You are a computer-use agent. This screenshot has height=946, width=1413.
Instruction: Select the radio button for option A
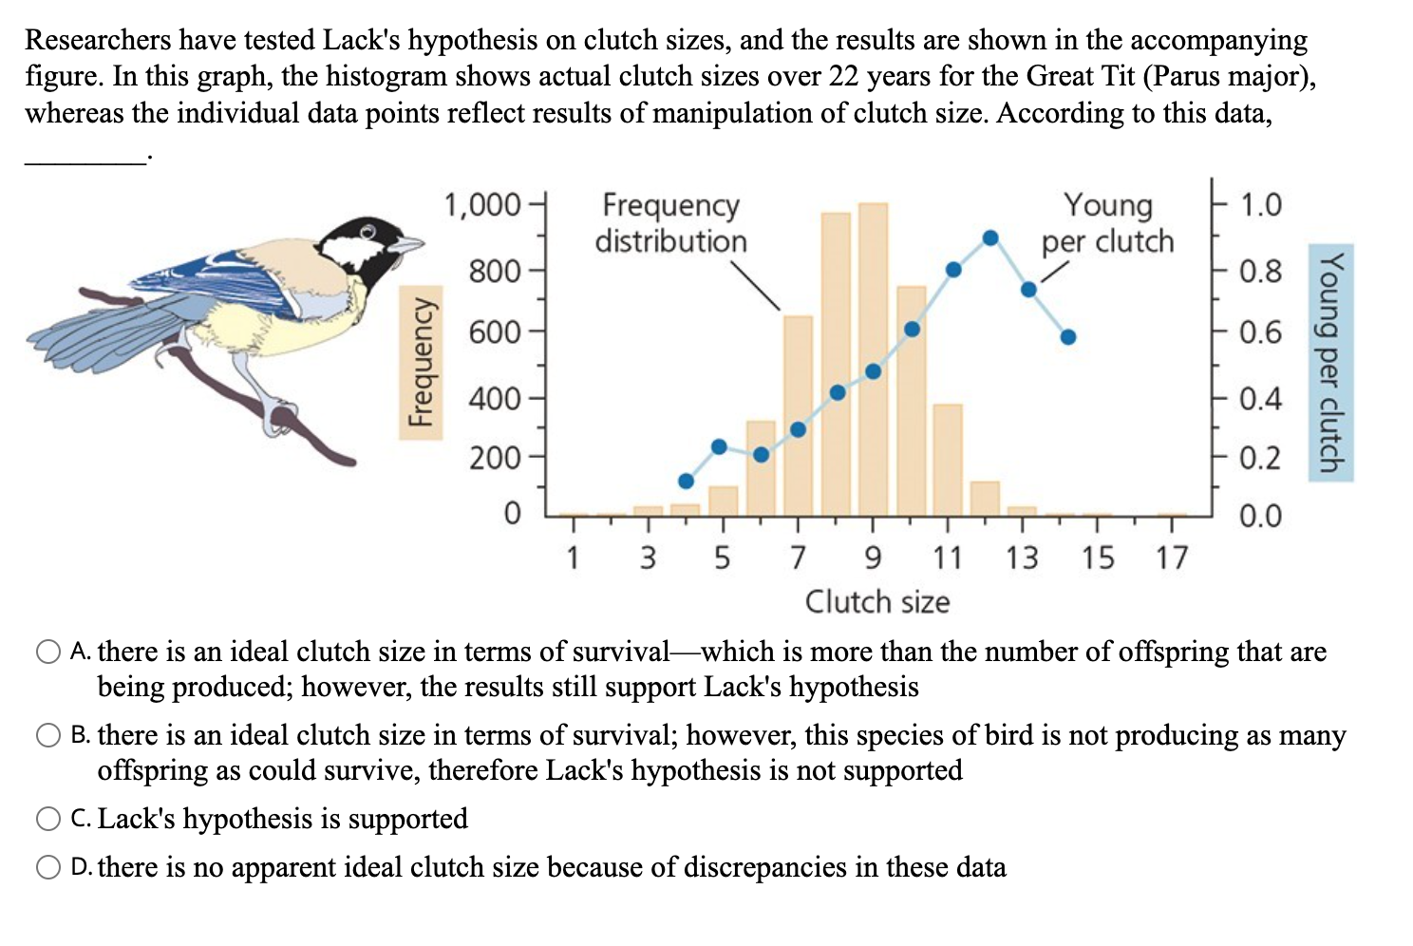tap(48, 653)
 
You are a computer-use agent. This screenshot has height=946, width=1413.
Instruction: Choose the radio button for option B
tap(48, 736)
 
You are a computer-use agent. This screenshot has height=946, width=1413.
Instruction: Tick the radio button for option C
tap(48, 819)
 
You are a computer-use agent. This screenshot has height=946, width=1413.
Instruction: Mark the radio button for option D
tap(48, 867)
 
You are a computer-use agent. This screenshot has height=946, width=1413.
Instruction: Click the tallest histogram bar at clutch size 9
tap(873, 361)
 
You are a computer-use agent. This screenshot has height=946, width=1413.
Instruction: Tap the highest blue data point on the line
tap(990, 237)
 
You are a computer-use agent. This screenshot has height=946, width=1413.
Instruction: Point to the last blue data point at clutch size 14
tap(1068, 336)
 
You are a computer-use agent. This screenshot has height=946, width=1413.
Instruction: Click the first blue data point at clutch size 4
tap(686, 481)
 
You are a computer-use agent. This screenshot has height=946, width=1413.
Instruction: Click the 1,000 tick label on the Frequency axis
tap(482, 205)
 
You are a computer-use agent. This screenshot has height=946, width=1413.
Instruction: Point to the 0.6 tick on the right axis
tap(1260, 332)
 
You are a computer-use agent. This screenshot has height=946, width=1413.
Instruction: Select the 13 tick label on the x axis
tap(1022, 558)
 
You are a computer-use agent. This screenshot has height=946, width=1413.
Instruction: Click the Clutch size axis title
tap(877, 602)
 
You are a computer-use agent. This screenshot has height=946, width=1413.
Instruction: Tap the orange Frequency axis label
tap(421, 362)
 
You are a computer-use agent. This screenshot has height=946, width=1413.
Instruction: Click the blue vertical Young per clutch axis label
tap(1330, 362)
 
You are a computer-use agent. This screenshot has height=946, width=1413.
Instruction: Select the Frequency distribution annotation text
tap(671, 223)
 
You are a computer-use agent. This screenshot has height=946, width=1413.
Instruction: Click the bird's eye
tap(368, 231)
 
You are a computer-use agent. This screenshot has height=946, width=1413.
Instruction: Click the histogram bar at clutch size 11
tap(948, 460)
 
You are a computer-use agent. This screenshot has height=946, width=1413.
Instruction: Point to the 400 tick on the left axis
tap(495, 398)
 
